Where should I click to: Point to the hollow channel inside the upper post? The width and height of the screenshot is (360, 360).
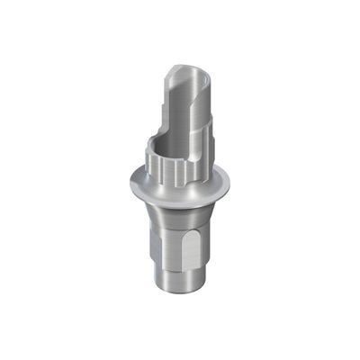point(168,99)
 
